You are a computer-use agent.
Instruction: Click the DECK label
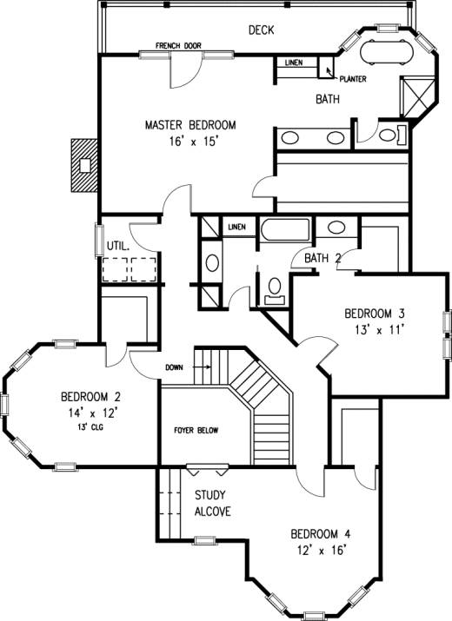tap(262, 30)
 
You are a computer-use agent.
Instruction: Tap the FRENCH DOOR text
tap(178, 46)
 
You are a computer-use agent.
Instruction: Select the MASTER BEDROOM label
tap(190, 125)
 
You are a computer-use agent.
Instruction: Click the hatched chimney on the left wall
tap(84, 165)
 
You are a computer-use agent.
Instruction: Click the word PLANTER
tap(353, 79)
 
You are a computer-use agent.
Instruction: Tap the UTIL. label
tap(118, 247)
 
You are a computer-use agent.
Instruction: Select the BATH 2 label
tap(322, 258)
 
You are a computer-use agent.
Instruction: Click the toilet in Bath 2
tap(275, 290)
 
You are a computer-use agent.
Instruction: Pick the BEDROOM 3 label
tap(375, 314)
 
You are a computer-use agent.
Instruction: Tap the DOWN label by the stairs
tap(174, 367)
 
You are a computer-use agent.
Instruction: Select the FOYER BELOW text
tap(196, 430)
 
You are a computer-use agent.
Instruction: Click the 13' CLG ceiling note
tap(90, 427)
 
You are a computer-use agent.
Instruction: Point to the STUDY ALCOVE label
tap(212, 503)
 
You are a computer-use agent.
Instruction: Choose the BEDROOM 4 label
tap(321, 534)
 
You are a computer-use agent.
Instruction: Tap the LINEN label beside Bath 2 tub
tap(237, 227)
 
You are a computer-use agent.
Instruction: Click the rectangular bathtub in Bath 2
tap(285, 229)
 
